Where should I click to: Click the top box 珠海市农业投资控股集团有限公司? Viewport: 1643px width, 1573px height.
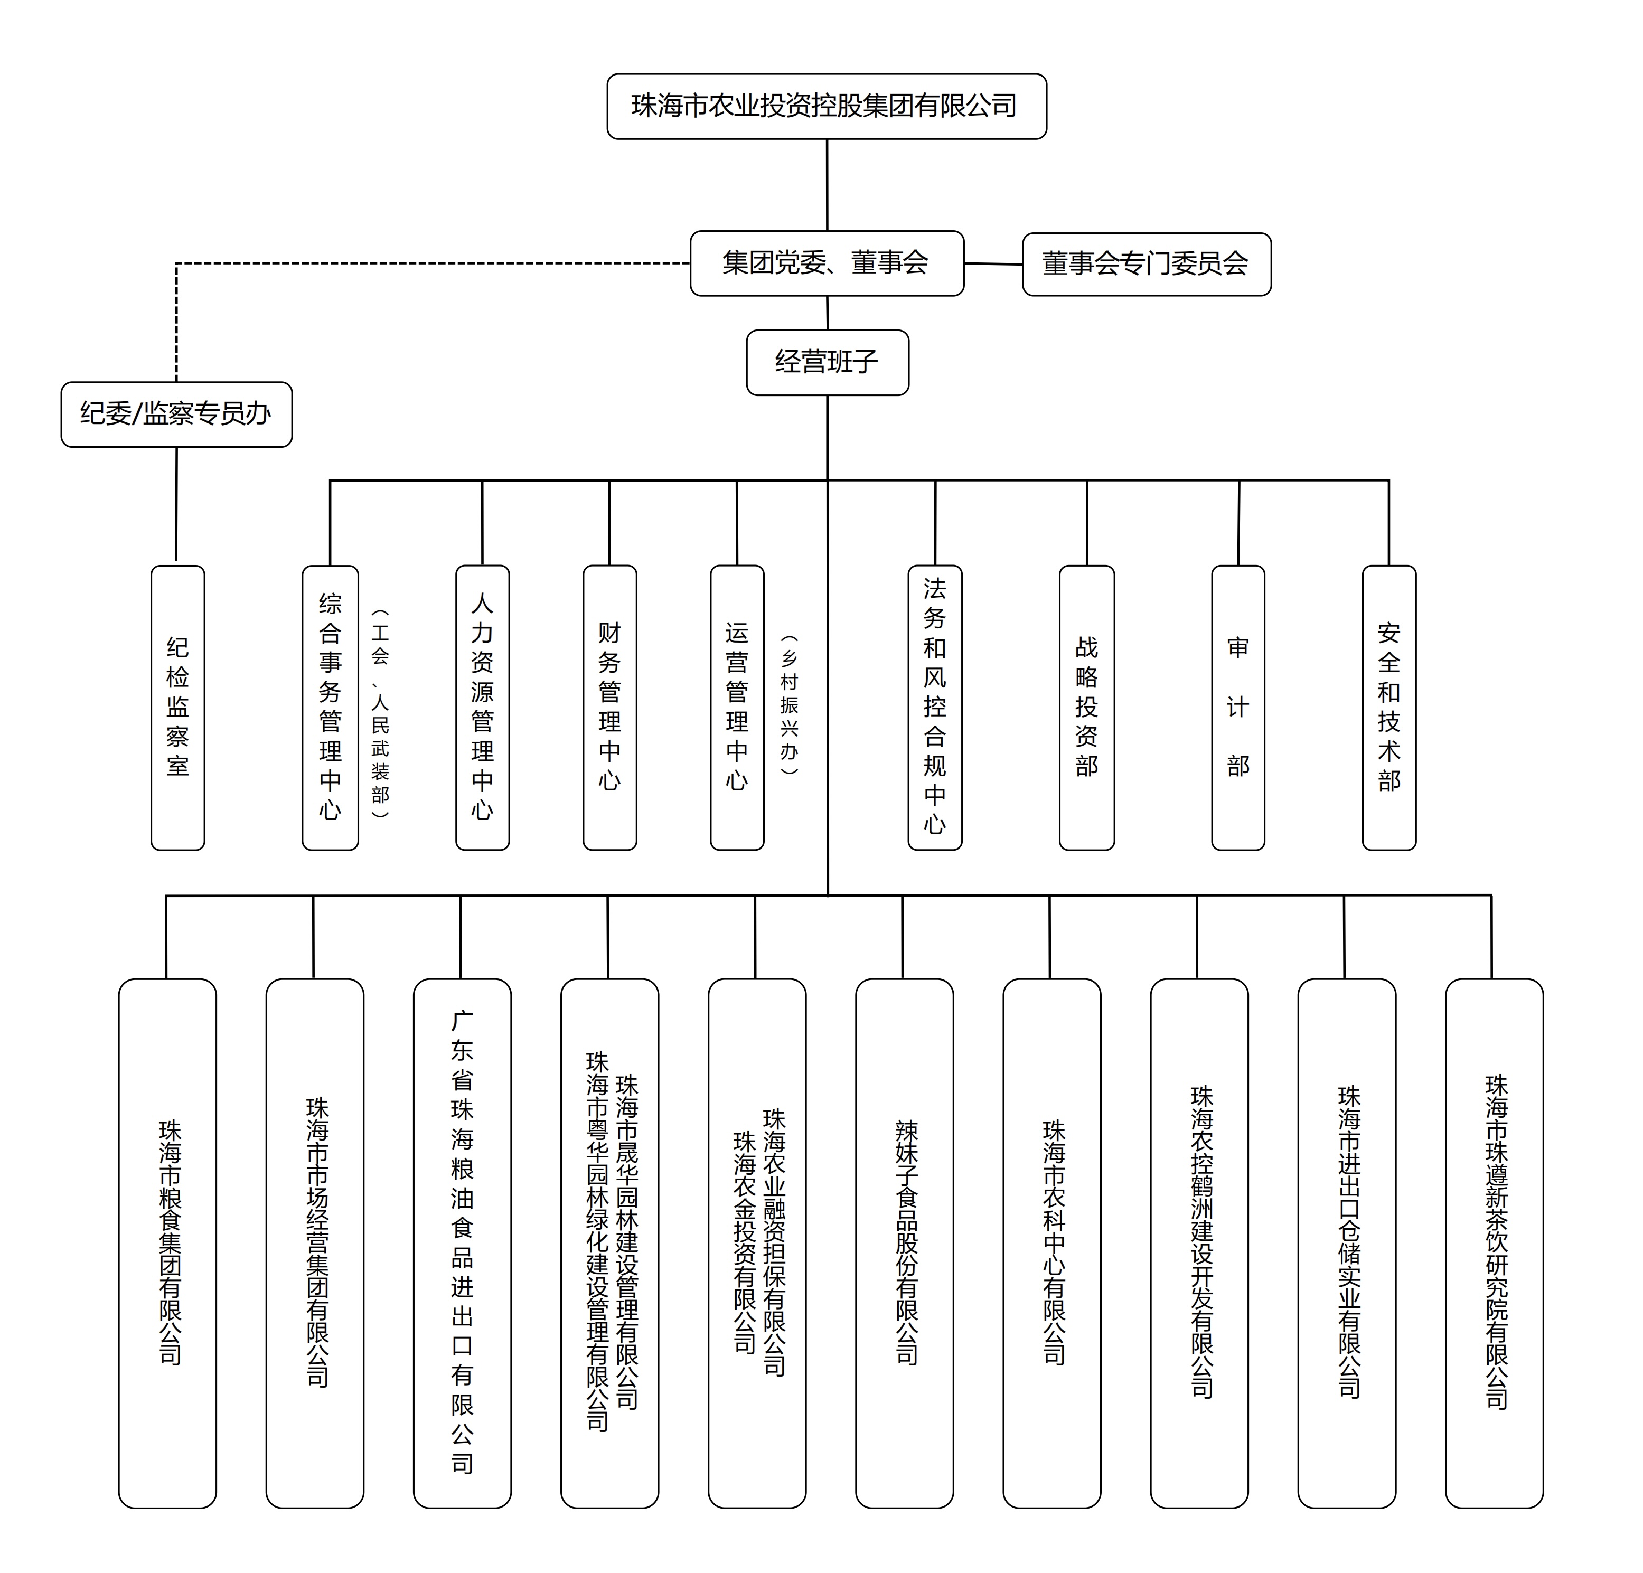point(827,107)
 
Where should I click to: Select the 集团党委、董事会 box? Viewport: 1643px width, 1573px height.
point(827,263)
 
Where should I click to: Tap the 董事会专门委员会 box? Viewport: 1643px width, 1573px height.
point(1147,264)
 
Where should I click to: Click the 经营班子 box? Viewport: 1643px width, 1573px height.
point(828,362)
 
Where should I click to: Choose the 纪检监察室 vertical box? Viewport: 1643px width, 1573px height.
point(177,708)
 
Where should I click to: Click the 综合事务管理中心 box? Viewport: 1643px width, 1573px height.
point(330,708)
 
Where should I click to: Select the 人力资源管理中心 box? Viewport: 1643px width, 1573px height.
point(482,708)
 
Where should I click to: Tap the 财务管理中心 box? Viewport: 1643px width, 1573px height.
point(609,708)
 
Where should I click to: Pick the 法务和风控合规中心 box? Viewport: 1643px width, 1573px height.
point(935,708)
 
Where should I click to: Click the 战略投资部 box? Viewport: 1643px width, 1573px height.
point(1086,708)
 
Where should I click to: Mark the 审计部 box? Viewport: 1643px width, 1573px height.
point(1238,708)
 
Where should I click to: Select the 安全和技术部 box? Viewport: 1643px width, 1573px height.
point(1389,708)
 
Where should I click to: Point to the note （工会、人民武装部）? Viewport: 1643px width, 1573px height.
point(381,713)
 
